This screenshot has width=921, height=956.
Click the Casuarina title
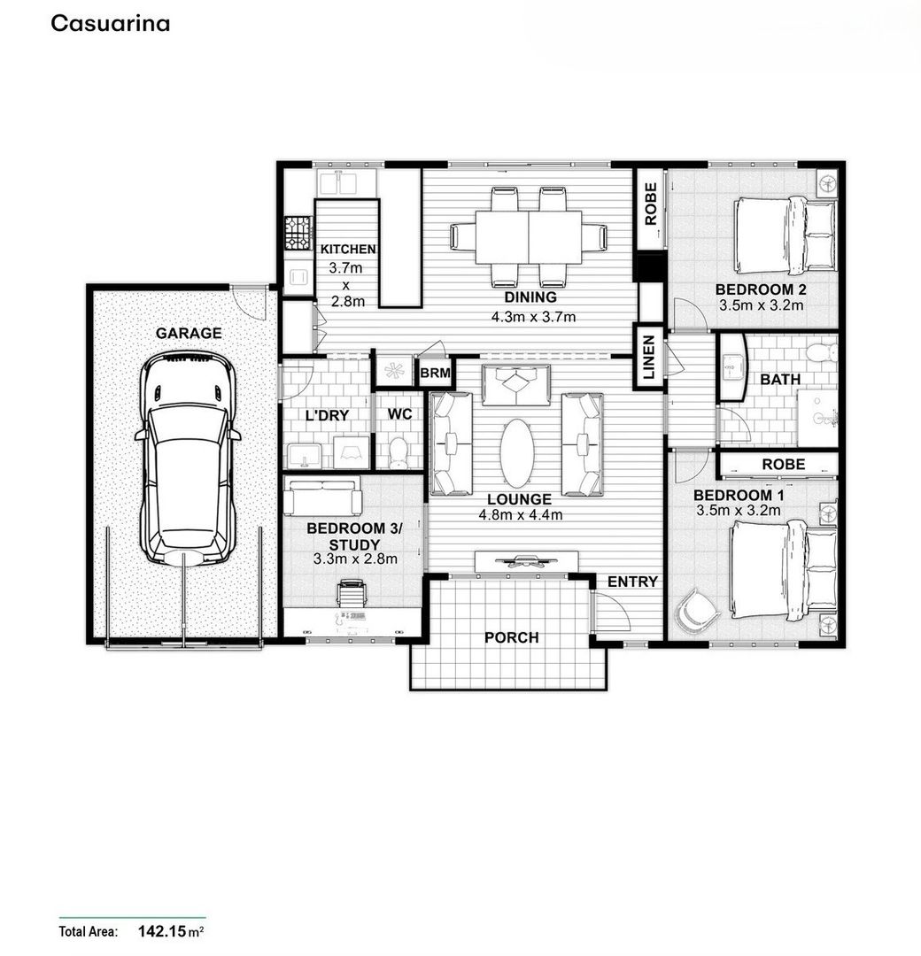[x=111, y=23]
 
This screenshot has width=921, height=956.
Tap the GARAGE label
[x=189, y=333]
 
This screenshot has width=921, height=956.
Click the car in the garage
[x=188, y=459]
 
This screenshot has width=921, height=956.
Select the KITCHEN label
[x=348, y=249]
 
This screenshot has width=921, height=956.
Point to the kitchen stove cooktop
[x=298, y=233]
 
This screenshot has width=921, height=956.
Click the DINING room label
[x=530, y=297]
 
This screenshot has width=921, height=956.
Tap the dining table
[x=529, y=237]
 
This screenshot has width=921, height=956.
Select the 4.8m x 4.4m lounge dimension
[x=520, y=514]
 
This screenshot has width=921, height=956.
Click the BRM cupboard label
[x=436, y=373]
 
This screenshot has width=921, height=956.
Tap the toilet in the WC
[x=398, y=451]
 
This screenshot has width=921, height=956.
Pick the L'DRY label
[x=327, y=415]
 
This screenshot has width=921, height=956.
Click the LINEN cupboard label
[x=649, y=358]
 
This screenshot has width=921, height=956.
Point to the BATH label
[x=780, y=379]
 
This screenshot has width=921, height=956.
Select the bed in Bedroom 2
[x=785, y=235]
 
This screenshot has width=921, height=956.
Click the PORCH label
[x=512, y=637]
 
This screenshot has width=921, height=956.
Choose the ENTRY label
[x=632, y=582]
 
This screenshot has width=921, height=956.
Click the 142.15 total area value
[x=162, y=931]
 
